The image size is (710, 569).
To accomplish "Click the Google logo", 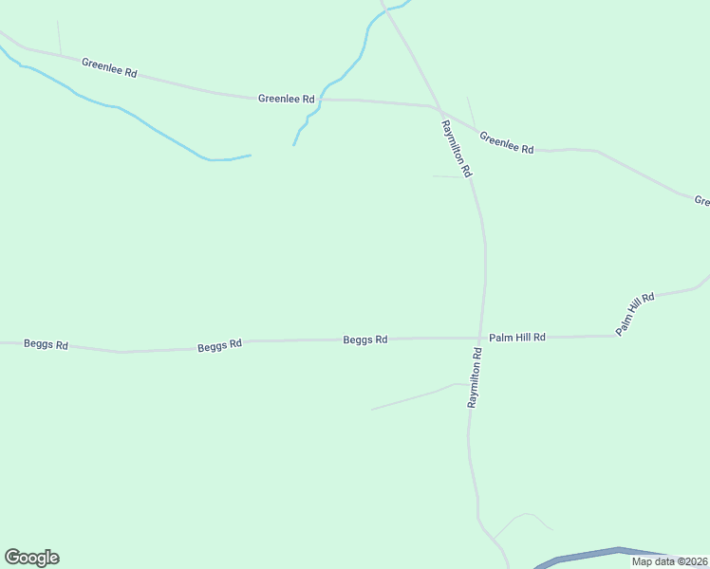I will pos(31,558).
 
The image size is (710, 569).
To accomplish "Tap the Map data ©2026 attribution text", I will pos(669,561).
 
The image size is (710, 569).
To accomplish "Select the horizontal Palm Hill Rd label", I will pos(517,337).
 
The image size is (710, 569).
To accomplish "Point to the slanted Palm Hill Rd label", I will pos(635,313).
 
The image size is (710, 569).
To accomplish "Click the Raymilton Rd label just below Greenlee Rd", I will pos(457,149).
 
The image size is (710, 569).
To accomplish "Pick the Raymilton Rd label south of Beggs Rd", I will pos(475,377).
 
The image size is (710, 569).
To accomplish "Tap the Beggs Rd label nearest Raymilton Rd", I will pos(365,339).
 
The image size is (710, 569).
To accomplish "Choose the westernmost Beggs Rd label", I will pos(46,345).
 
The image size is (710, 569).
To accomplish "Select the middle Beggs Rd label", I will pos(220,346).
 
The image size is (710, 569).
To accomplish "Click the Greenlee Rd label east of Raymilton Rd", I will pos(507,143).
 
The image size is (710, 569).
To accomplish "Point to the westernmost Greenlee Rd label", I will pos(109,67).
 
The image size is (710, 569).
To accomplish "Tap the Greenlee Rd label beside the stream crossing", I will pos(286,99).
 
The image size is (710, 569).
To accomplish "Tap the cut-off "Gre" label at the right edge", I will pos(702,200).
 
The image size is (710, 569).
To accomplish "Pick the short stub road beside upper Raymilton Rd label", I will pos(446,176).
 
